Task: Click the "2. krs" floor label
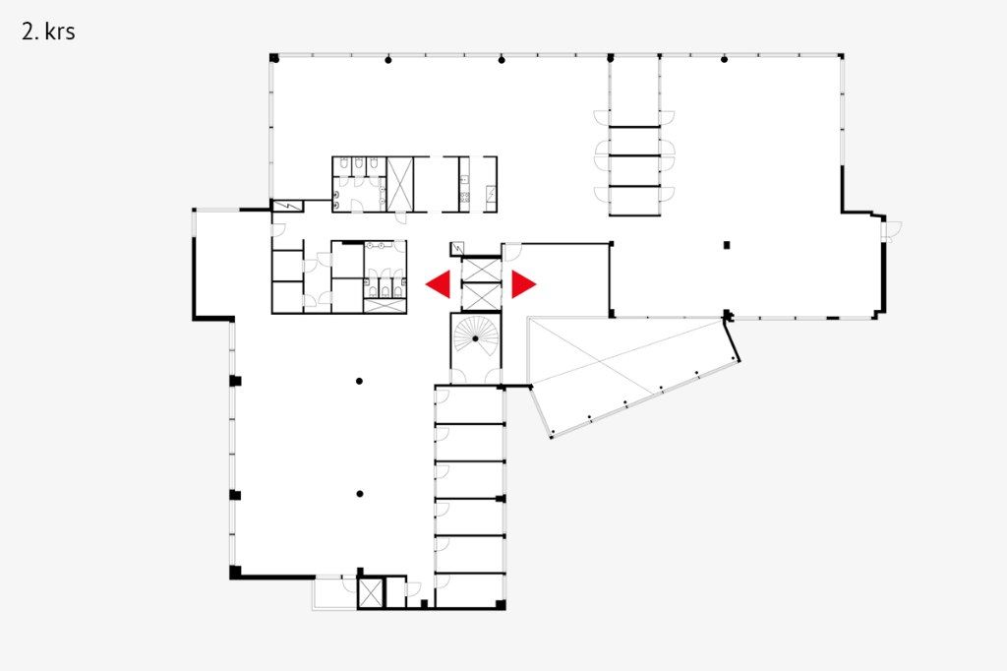click(x=48, y=31)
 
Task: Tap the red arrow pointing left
click(x=439, y=284)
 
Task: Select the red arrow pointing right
click(x=523, y=284)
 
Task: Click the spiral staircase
click(x=475, y=339)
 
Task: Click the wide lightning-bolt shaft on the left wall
click(x=287, y=207)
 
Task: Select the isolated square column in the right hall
click(x=727, y=245)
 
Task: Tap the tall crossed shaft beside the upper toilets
click(x=399, y=184)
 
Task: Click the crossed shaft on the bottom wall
click(x=371, y=593)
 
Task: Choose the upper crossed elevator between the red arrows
click(x=481, y=269)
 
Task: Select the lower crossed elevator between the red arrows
click(x=481, y=296)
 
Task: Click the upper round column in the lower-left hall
click(x=359, y=381)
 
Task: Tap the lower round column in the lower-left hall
click(x=360, y=494)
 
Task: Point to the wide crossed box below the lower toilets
click(x=385, y=306)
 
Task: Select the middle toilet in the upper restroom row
click(x=358, y=163)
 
